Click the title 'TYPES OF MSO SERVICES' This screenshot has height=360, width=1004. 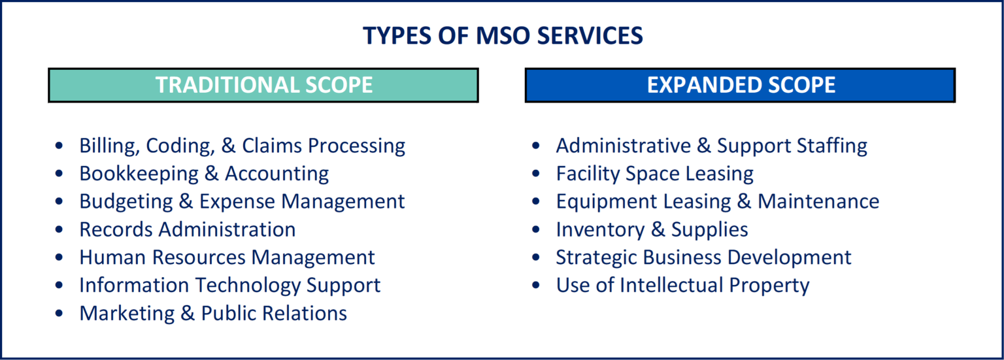[x=503, y=35]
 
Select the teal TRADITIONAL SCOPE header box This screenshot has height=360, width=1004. [x=263, y=85]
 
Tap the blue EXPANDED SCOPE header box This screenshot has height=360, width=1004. [x=740, y=85]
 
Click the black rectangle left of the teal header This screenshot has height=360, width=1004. [x=25, y=85]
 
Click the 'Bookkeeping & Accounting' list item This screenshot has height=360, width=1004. [x=204, y=174]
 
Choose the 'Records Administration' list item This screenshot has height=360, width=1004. [x=187, y=229]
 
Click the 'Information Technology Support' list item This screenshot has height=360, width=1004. [x=229, y=286]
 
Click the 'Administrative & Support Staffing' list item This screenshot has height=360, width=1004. [x=711, y=146]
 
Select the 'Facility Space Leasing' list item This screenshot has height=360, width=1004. [x=654, y=174]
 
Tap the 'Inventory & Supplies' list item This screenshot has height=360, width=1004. [x=652, y=229]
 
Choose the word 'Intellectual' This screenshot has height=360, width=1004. [x=672, y=286]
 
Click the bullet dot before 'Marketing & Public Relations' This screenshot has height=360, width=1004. [x=60, y=314]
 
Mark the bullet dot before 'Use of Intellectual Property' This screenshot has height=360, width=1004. [x=537, y=286]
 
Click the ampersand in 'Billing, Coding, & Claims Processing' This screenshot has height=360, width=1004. [x=228, y=146]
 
